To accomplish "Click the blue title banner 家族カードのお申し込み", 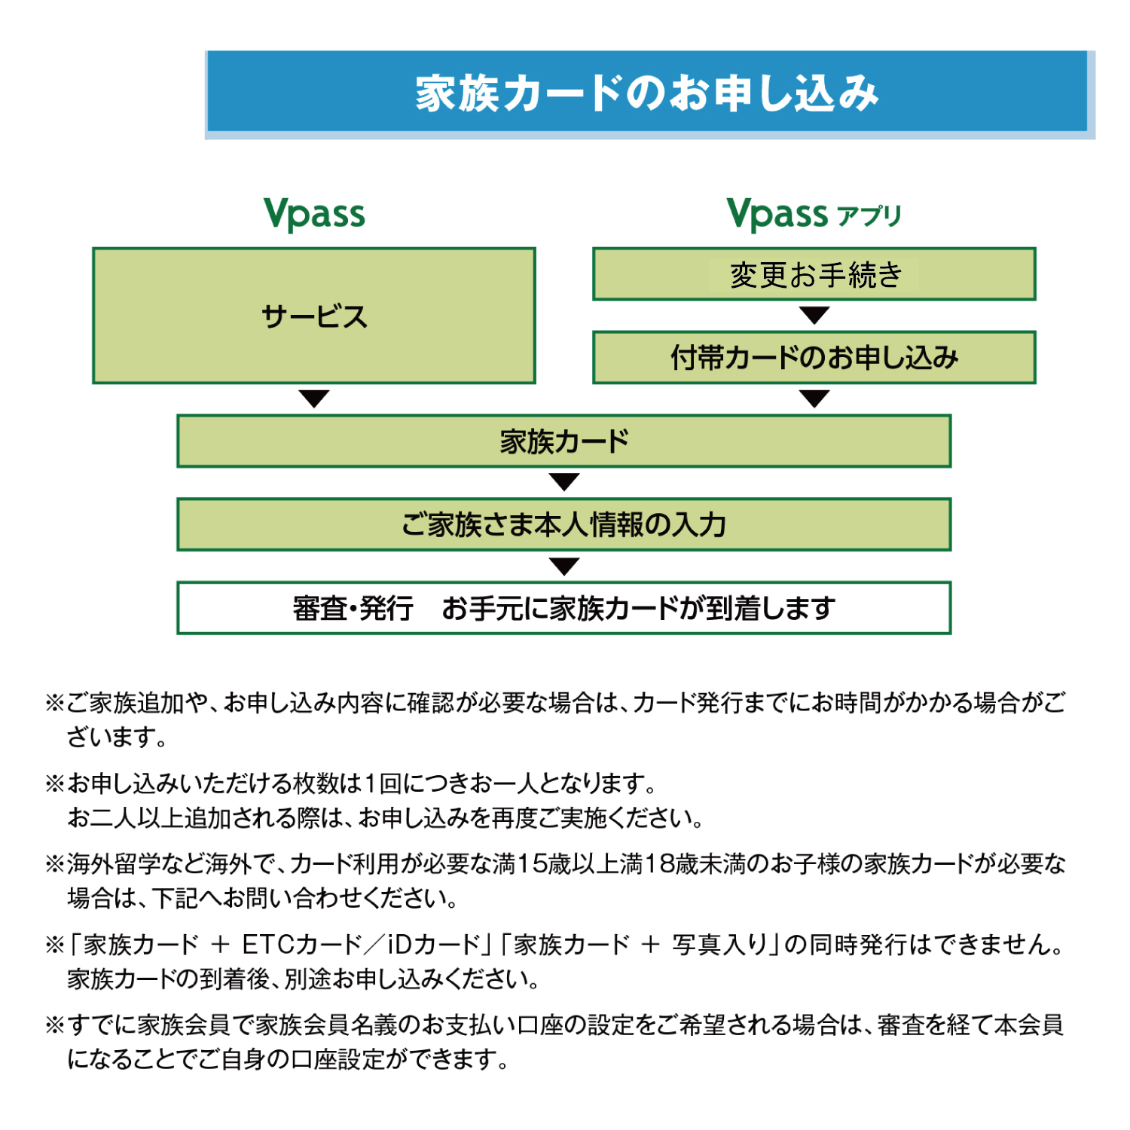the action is (649, 94).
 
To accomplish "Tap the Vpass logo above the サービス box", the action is (314, 214).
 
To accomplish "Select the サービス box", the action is (314, 316).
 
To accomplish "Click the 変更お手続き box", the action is (814, 274).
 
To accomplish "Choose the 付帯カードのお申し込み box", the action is (814, 357).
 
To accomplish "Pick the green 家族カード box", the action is (564, 441).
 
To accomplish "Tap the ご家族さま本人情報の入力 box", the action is (564, 524).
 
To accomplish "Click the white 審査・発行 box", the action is (564, 608).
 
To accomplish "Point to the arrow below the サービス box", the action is (314, 399).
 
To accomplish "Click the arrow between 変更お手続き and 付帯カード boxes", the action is (814, 315).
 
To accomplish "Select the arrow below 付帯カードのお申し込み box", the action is (814, 399).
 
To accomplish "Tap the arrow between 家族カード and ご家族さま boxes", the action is (564, 482).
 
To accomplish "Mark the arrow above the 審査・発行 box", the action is (564, 566).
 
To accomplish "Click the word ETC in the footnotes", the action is (267, 944).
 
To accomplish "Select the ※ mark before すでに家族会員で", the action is (55, 1025).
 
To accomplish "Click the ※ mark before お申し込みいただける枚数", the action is (55, 783).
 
